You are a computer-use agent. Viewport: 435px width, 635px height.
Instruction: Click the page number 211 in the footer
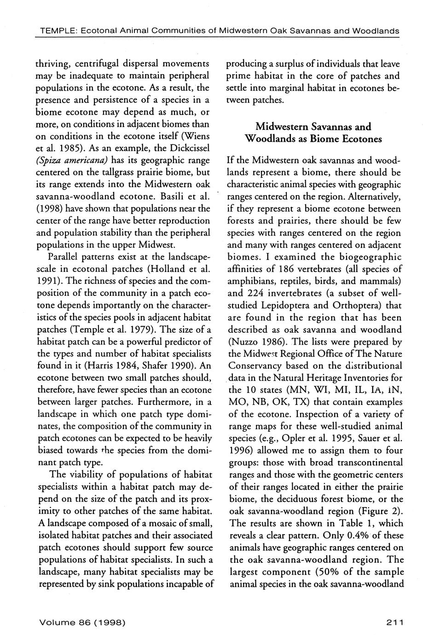click(395, 622)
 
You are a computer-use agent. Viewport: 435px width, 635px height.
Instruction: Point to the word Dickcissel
click(189, 148)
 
